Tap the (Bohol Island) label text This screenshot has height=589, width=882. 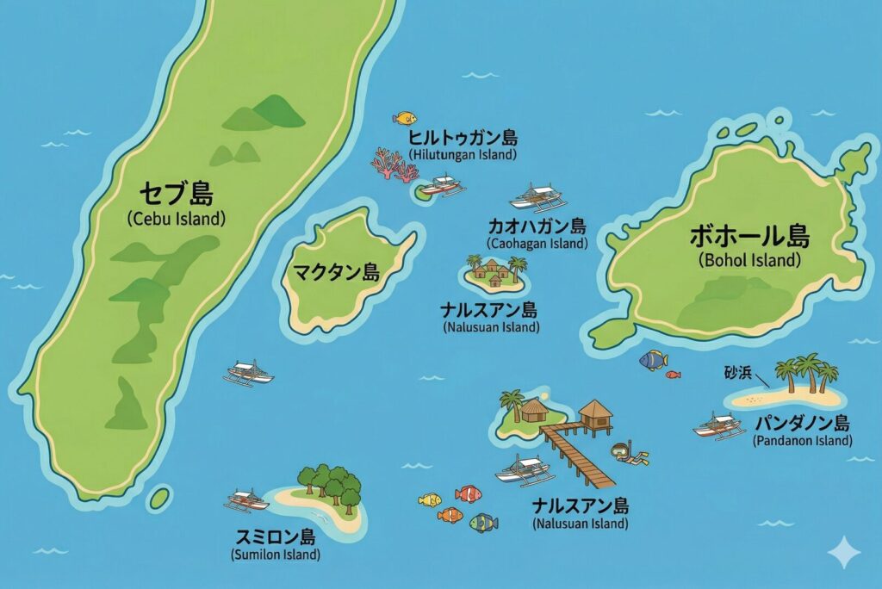point(748,259)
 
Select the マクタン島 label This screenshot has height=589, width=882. point(337,274)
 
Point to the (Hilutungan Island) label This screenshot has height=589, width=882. point(463,155)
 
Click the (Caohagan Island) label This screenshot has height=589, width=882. point(536,244)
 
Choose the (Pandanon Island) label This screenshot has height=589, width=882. point(802,441)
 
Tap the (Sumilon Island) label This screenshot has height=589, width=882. point(276,555)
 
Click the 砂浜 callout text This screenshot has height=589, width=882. point(737,373)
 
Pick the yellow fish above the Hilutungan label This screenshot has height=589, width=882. point(404,118)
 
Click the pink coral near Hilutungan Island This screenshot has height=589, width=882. point(393,164)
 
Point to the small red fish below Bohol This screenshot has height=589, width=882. point(673,375)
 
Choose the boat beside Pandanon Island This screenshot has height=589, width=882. point(718,425)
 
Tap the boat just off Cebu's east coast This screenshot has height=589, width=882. point(248,373)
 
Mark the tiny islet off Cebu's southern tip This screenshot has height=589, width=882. point(159,498)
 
